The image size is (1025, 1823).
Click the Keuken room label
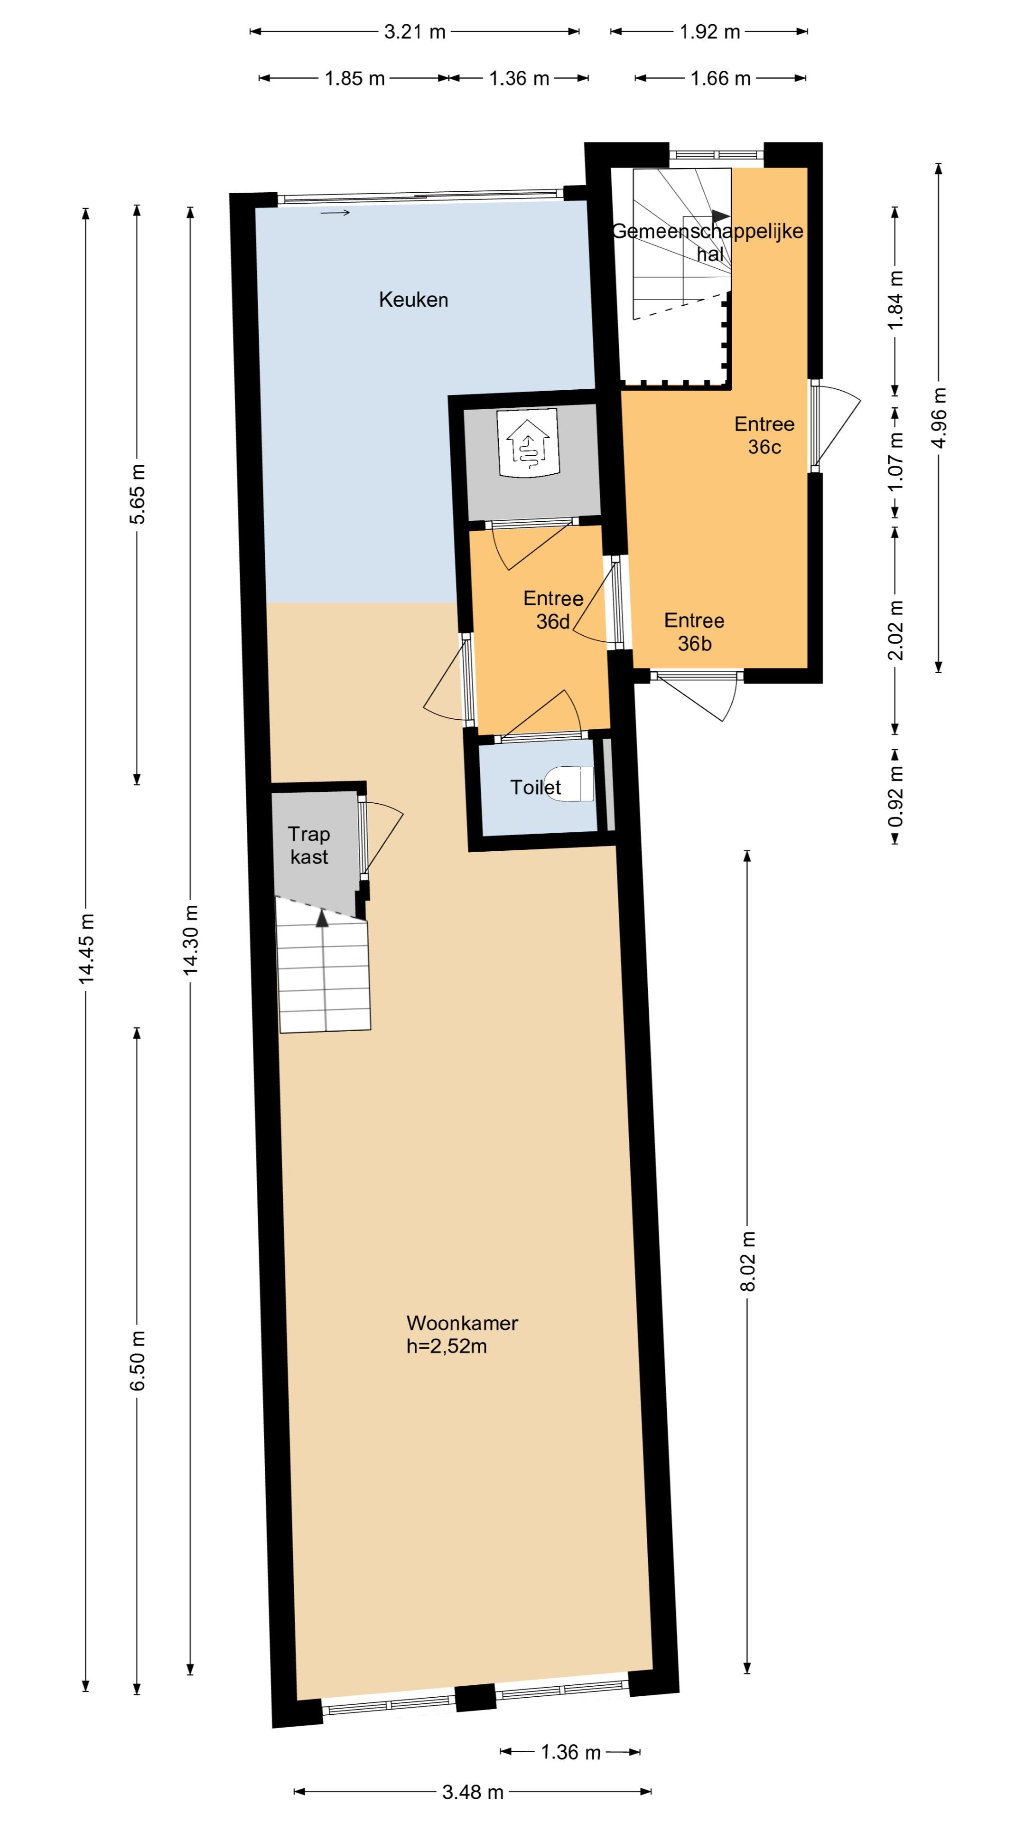pos(413,300)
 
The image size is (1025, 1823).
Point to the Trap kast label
pos(309,846)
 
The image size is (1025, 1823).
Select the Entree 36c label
pos(764,435)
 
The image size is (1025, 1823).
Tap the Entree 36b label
pos(694,632)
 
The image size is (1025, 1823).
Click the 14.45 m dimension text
pos(86,949)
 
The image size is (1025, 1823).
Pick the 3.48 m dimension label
pos(473,1792)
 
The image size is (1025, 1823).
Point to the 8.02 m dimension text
pos(748,1261)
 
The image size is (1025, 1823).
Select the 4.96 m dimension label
pos(939,418)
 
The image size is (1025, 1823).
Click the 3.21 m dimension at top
pos(415,32)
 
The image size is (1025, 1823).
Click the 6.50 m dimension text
pos(137,1360)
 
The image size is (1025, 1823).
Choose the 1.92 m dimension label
pos(709,32)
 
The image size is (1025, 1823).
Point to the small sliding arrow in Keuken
pos(335,212)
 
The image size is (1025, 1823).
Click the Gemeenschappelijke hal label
pos(708,242)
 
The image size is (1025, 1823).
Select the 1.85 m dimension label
pos(354,78)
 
